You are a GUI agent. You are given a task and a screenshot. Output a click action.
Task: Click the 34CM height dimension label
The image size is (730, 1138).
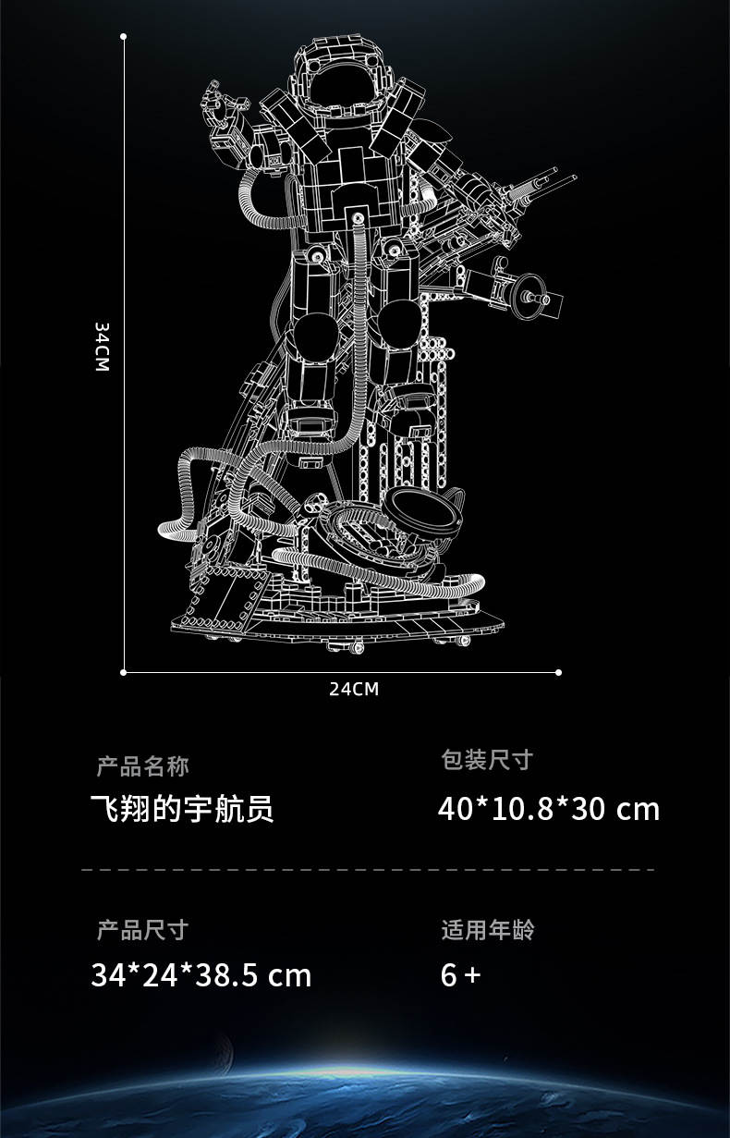[102, 348]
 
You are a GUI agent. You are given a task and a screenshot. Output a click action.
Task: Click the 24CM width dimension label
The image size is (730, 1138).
[354, 689]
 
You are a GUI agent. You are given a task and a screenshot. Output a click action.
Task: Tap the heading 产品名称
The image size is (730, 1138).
[143, 766]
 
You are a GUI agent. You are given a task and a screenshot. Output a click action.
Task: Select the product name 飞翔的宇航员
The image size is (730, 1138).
[182, 810]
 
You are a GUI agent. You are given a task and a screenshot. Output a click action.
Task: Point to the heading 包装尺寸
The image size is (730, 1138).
[487, 760]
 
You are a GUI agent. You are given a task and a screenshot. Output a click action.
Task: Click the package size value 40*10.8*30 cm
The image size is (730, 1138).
[549, 809]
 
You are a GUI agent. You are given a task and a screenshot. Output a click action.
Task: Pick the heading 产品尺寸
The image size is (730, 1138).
[143, 929]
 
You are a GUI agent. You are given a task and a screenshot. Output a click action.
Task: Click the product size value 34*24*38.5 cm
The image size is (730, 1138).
[201, 975]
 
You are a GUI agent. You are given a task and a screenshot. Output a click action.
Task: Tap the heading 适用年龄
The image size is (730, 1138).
[487, 929]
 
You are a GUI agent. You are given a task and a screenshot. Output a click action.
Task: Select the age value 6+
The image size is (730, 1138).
[460, 975]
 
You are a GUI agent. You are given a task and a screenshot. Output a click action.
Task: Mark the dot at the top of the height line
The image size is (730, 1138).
[123, 37]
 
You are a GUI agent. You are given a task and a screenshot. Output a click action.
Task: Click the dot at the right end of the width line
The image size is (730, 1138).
[558, 672]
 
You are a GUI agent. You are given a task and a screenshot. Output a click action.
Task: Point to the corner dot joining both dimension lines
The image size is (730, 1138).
[124, 672]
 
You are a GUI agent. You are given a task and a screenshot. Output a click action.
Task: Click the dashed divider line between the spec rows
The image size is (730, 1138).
[367, 870]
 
